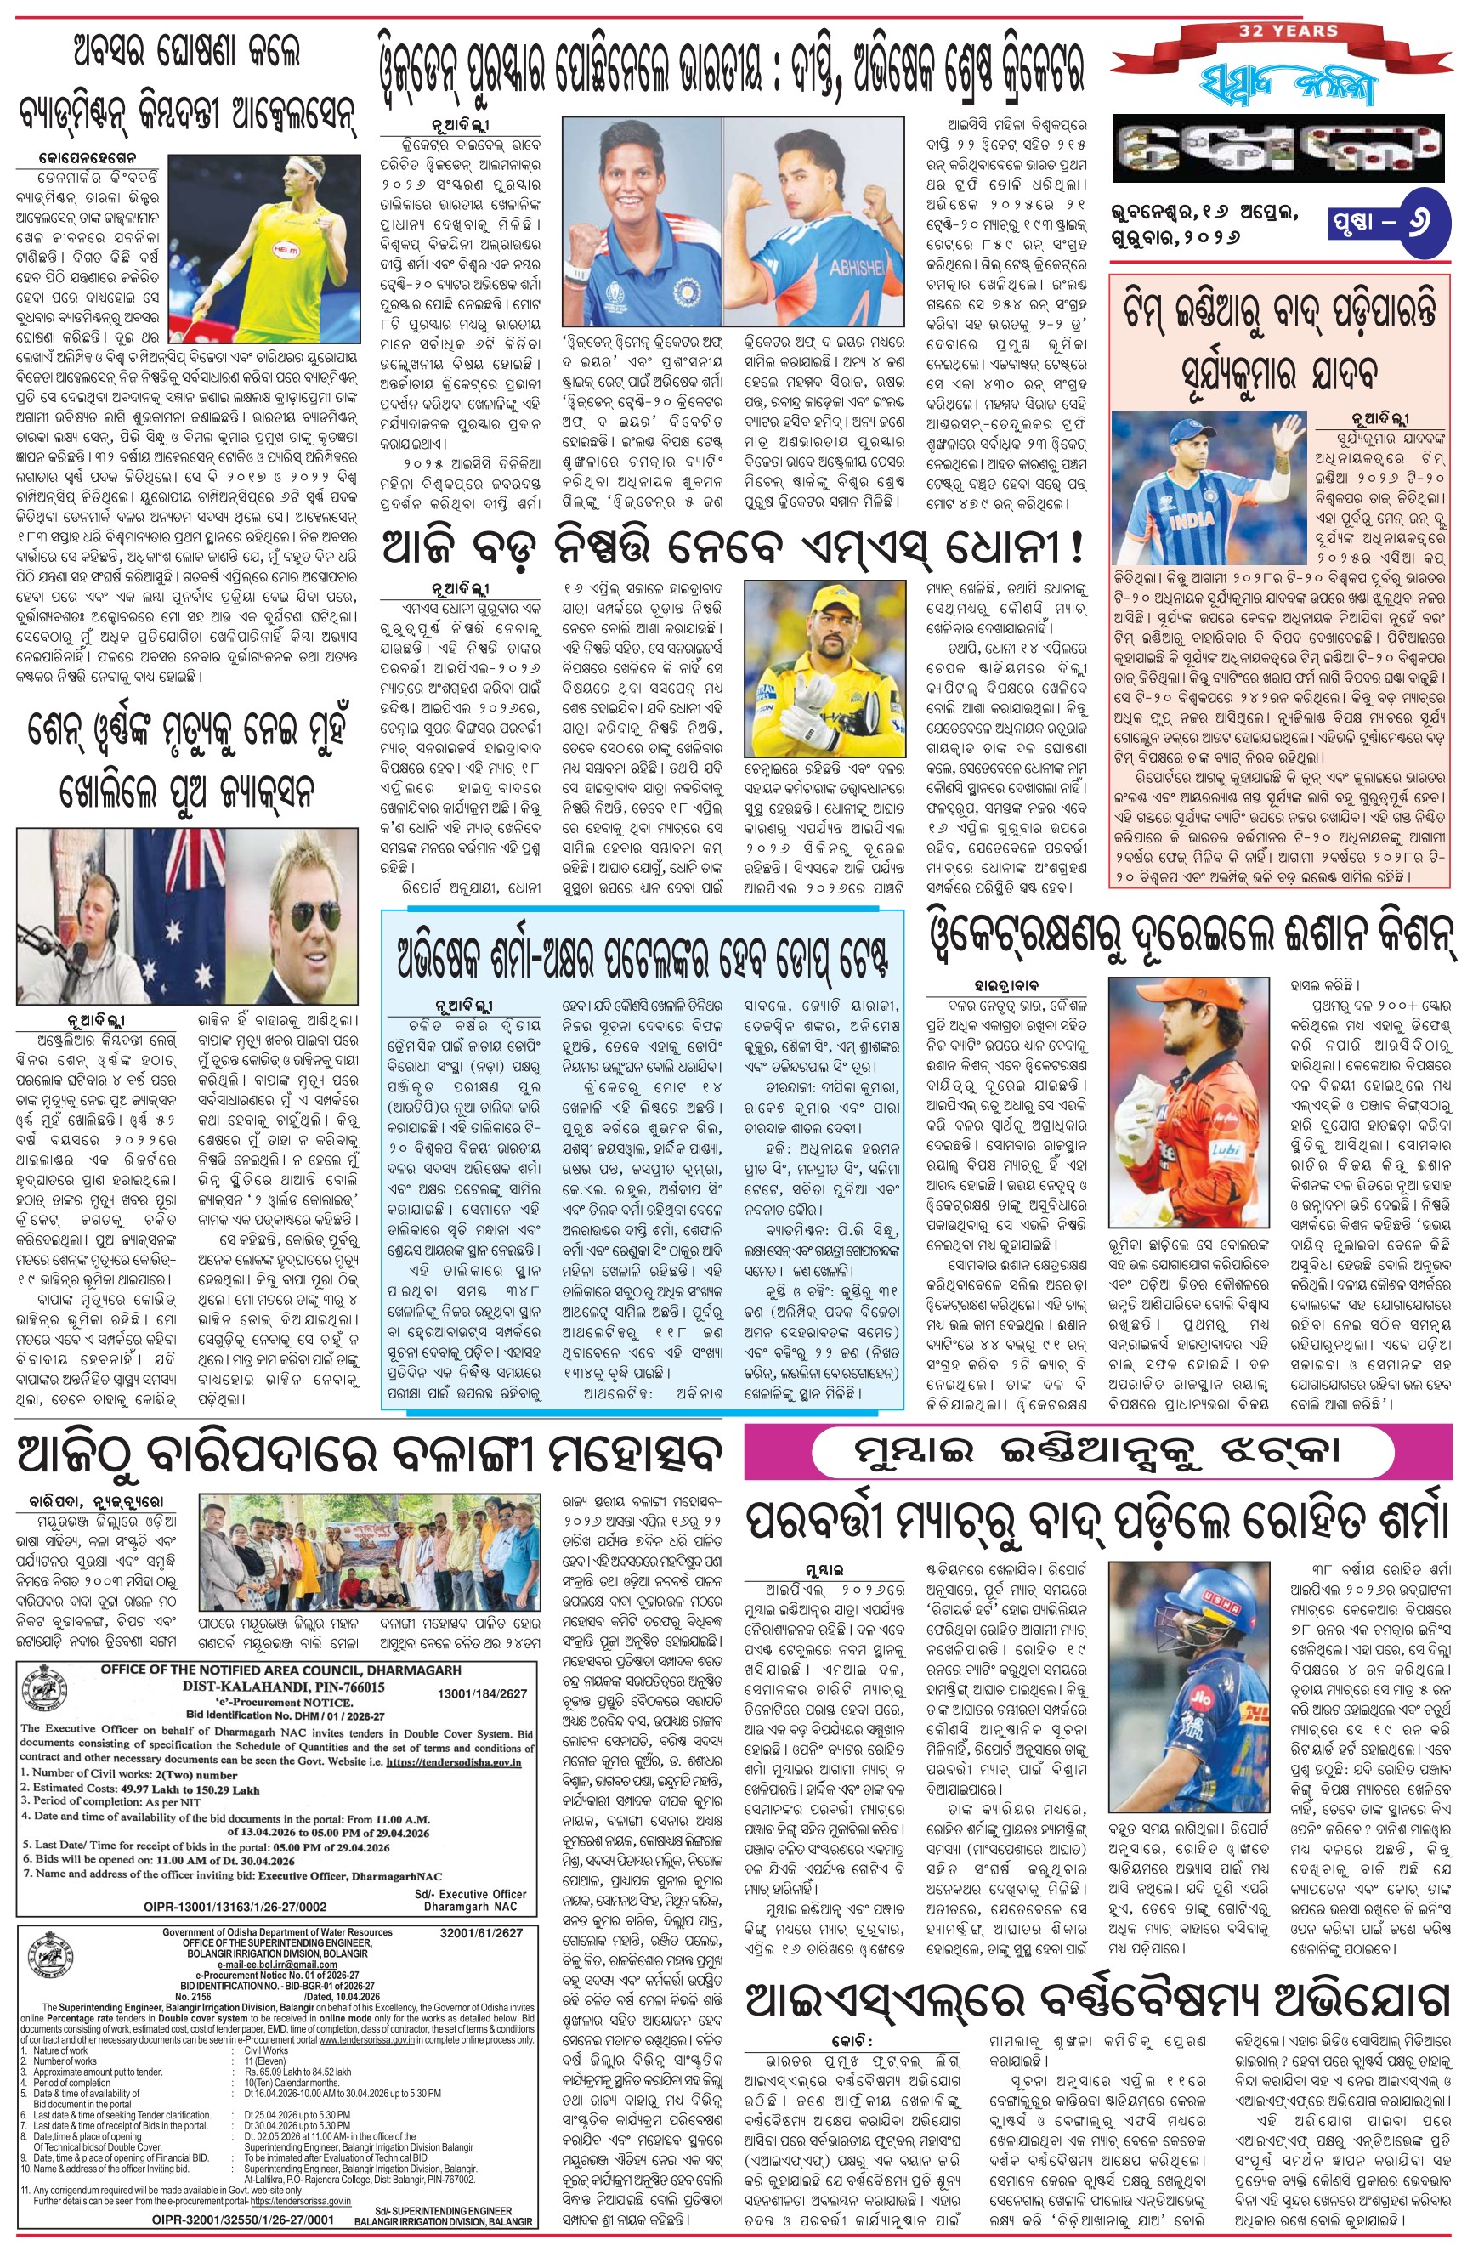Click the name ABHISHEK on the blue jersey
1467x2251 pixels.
point(855,268)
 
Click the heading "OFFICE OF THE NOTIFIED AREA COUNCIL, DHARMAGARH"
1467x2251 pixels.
point(281,1670)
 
